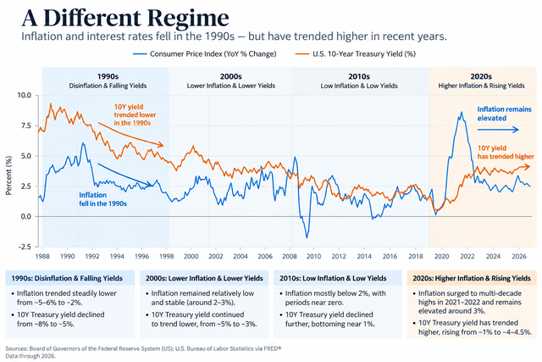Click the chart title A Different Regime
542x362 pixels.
[125, 17]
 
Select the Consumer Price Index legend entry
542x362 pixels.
[205, 54]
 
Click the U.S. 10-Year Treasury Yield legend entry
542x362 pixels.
[356, 54]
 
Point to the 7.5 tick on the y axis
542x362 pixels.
[25, 125]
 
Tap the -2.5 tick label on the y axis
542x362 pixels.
[24, 247]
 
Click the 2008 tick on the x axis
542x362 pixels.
[290, 256]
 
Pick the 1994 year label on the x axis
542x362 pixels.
[117, 256]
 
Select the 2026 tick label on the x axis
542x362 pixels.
[518, 256]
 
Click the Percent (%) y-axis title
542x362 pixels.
[8, 175]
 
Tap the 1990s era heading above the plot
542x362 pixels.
[108, 76]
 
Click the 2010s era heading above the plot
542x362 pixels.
[359, 76]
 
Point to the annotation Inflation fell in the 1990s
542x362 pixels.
[102, 199]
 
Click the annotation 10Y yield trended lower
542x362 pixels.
[135, 115]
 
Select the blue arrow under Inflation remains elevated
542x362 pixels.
[498, 130]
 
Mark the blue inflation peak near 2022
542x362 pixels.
[461, 112]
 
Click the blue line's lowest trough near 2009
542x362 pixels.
[307, 237]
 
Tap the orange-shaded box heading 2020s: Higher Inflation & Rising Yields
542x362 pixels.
[472, 278]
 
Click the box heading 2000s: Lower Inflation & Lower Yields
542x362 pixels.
[204, 278]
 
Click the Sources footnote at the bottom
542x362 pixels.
[143, 352]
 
